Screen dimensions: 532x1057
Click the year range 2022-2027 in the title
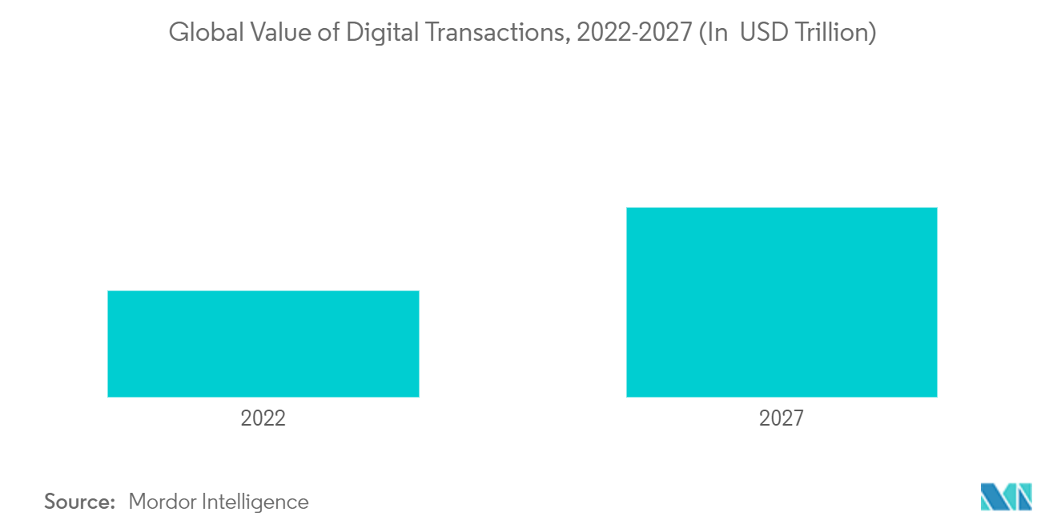pyautogui.click(x=630, y=34)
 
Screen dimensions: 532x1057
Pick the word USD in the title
pyautogui.click(x=767, y=34)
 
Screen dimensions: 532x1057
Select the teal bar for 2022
pyautogui.click(x=263, y=344)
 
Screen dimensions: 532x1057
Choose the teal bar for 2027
pyautogui.click(x=782, y=302)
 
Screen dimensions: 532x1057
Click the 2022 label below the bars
pyautogui.click(x=263, y=418)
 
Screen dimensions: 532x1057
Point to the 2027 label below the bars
pyautogui.click(x=782, y=418)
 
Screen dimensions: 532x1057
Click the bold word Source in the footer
pyautogui.click(x=80, y=502)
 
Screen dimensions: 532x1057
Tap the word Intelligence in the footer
pyautogui.click(x=257, y=502)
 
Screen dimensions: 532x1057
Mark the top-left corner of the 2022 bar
pyautogui.click(x=108, y=291)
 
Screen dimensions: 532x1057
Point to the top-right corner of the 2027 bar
pyautogui.click(x=936, y=208)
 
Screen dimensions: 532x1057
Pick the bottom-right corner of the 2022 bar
pyautogui.click(x=418, y=396)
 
